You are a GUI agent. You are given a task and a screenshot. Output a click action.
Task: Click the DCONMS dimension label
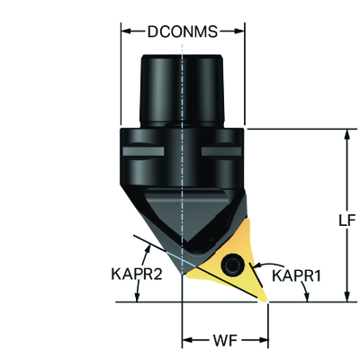(183, 31)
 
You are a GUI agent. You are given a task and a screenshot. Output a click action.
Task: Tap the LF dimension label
(347, 220)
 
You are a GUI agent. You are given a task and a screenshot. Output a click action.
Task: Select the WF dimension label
(225, 340)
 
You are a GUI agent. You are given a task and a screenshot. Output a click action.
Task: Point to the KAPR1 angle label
(296, 275)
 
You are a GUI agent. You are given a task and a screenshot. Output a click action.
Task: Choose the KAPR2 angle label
(137, 274)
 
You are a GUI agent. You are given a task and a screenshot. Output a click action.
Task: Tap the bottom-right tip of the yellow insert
(265, 301)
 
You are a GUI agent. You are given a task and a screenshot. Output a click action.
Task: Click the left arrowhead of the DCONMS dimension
(126, 31)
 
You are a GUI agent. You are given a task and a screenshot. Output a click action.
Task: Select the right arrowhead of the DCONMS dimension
(239, 31)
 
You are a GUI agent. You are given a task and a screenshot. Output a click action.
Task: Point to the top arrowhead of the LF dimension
(347, 134)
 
